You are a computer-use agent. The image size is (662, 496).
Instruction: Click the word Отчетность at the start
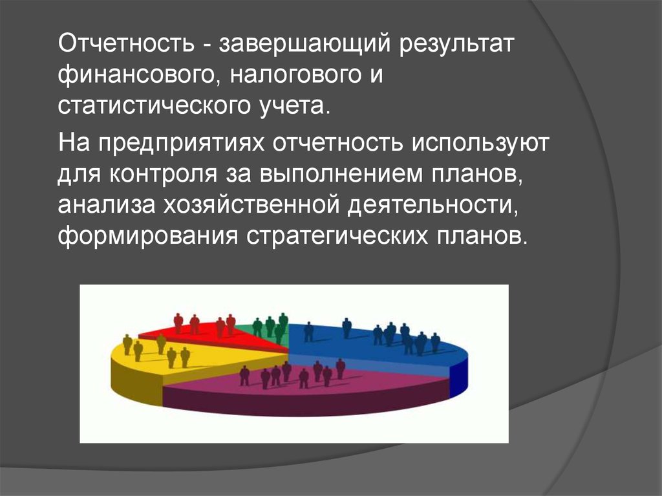pos(126,43)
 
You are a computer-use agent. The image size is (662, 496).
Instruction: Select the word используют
pos(480,143)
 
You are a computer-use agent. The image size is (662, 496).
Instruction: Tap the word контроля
pos(163,175)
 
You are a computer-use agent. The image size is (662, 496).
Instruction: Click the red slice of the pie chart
pos(211,336)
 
